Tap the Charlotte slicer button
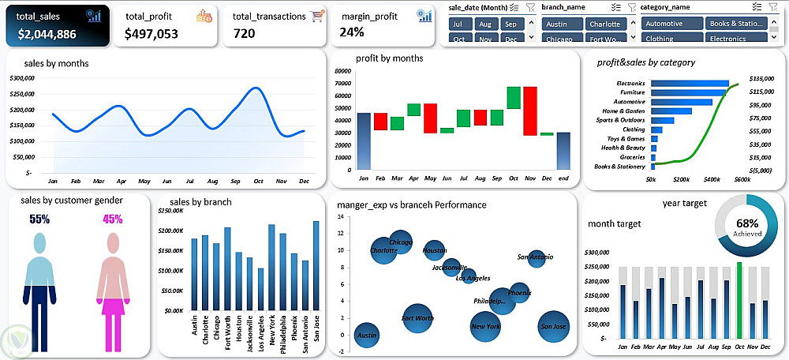[604, 24]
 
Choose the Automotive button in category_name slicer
[671, 24]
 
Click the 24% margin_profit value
[352, 32]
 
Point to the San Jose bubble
[553, 324]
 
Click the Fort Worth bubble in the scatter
[417, 318]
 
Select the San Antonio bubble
[537, 257]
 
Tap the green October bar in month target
[739, 300]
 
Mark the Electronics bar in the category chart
[689, 83]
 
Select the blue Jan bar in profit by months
[364, 141]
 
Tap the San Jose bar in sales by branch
[316, 265]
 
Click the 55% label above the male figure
[39, 219]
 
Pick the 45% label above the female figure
[113, 219]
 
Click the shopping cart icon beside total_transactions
[317, 16]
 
